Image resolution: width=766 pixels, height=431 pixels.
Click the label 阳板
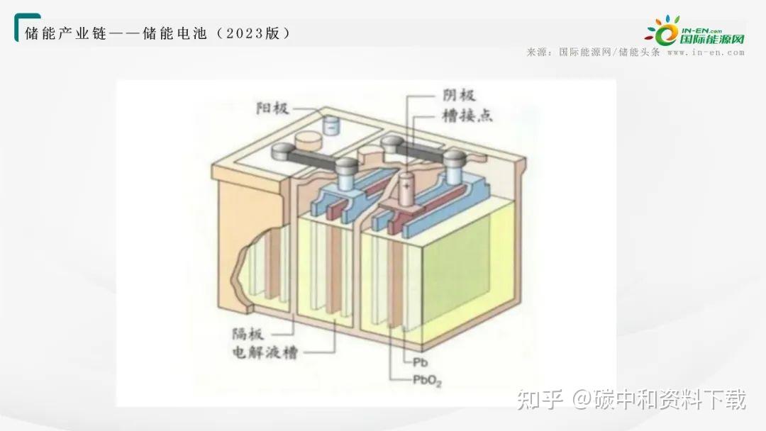(272, 108)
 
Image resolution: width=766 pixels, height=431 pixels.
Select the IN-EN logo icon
(663, 31)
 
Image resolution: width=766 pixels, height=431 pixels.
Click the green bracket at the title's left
(18, 26)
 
